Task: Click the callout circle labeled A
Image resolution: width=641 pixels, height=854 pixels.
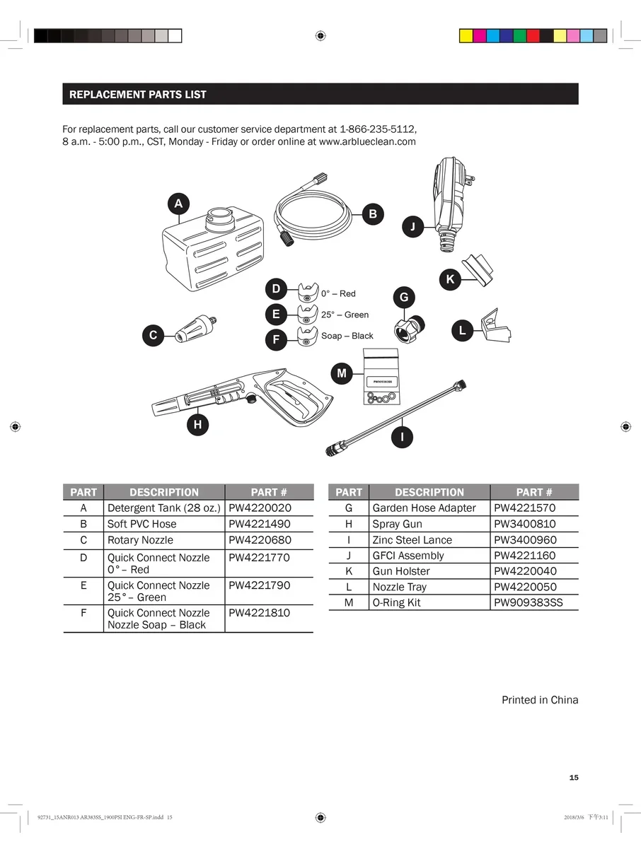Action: coord(178,204)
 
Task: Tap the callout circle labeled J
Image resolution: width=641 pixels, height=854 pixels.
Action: coord(412,227)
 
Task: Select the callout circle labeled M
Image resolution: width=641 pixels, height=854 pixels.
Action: coord(342,373)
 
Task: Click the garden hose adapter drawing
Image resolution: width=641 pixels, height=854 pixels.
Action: coord(410,327)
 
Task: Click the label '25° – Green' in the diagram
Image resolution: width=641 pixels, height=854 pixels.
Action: coord(345,315)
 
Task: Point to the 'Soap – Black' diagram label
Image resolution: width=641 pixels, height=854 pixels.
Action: coord(347,336)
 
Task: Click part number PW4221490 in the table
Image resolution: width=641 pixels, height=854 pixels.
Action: coord(259,524)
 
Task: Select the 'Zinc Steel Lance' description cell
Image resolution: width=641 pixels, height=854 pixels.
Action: coord(412,540)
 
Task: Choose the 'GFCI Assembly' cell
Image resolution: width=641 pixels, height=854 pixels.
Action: coord(408,556)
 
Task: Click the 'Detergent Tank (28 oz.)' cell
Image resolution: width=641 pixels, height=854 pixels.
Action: coord(163,508)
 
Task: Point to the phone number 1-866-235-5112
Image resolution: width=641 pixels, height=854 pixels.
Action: coord(378,129)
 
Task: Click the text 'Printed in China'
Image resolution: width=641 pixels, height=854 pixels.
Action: coord(539,700)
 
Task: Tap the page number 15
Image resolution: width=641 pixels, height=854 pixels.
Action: coord(574,778)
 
